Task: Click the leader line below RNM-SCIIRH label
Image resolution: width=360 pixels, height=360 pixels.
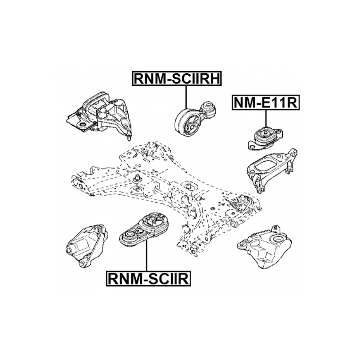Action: click(x=185, y=96)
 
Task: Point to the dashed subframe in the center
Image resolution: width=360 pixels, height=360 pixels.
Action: click(x=165, y=189)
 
